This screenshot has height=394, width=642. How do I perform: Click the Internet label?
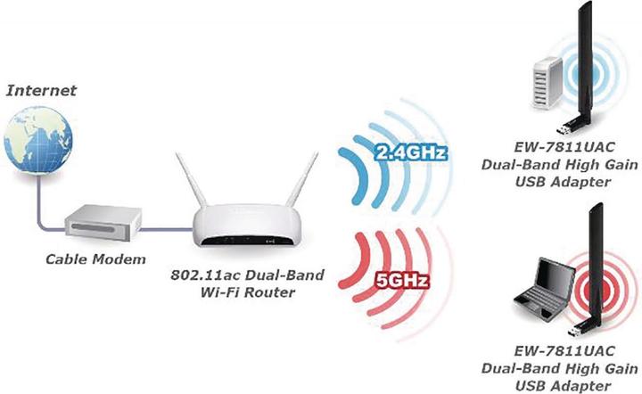click(41, 90)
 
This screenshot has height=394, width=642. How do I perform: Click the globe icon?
click(38, 140)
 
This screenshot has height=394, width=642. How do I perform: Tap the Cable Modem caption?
click(95, 259)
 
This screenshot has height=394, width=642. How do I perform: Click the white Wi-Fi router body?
click(247, 226)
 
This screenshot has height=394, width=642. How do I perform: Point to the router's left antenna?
click(191, 179)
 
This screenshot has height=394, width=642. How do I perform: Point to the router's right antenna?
click(302, 178)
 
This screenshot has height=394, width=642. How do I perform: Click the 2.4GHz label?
click(410, 152)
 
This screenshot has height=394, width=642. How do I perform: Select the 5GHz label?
click(401, 281)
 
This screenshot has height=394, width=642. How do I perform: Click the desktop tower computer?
click(547, 84)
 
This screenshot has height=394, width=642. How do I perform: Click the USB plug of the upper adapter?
click(564, 129)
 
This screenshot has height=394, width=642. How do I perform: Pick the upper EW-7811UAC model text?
click(564, 147)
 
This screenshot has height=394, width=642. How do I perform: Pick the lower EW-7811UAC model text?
click(564, 350)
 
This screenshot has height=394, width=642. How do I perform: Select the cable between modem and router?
click(167, 229)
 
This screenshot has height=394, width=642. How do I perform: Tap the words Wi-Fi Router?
click(247, 292)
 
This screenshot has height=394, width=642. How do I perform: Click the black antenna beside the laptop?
click(596, 262)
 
